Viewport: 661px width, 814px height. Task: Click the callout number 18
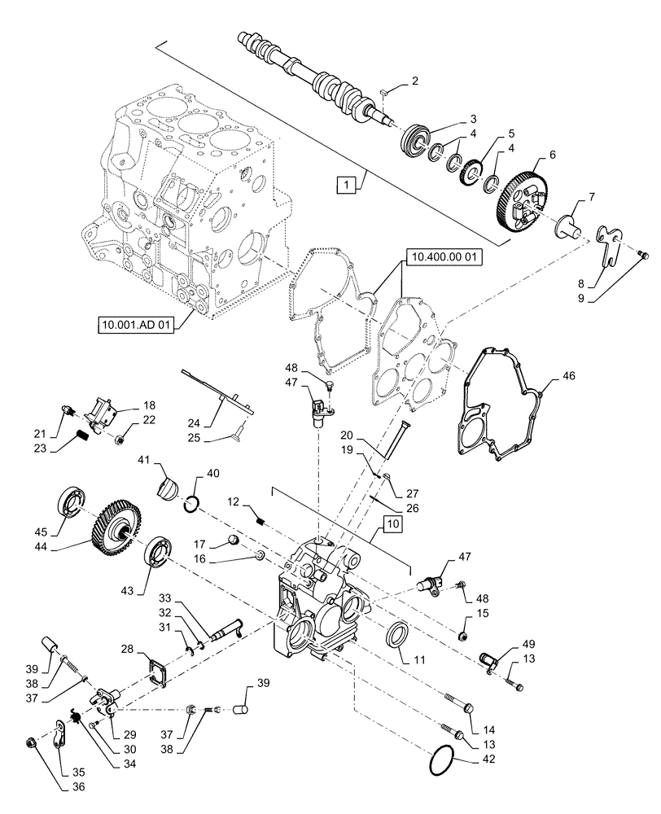[149, 405]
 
